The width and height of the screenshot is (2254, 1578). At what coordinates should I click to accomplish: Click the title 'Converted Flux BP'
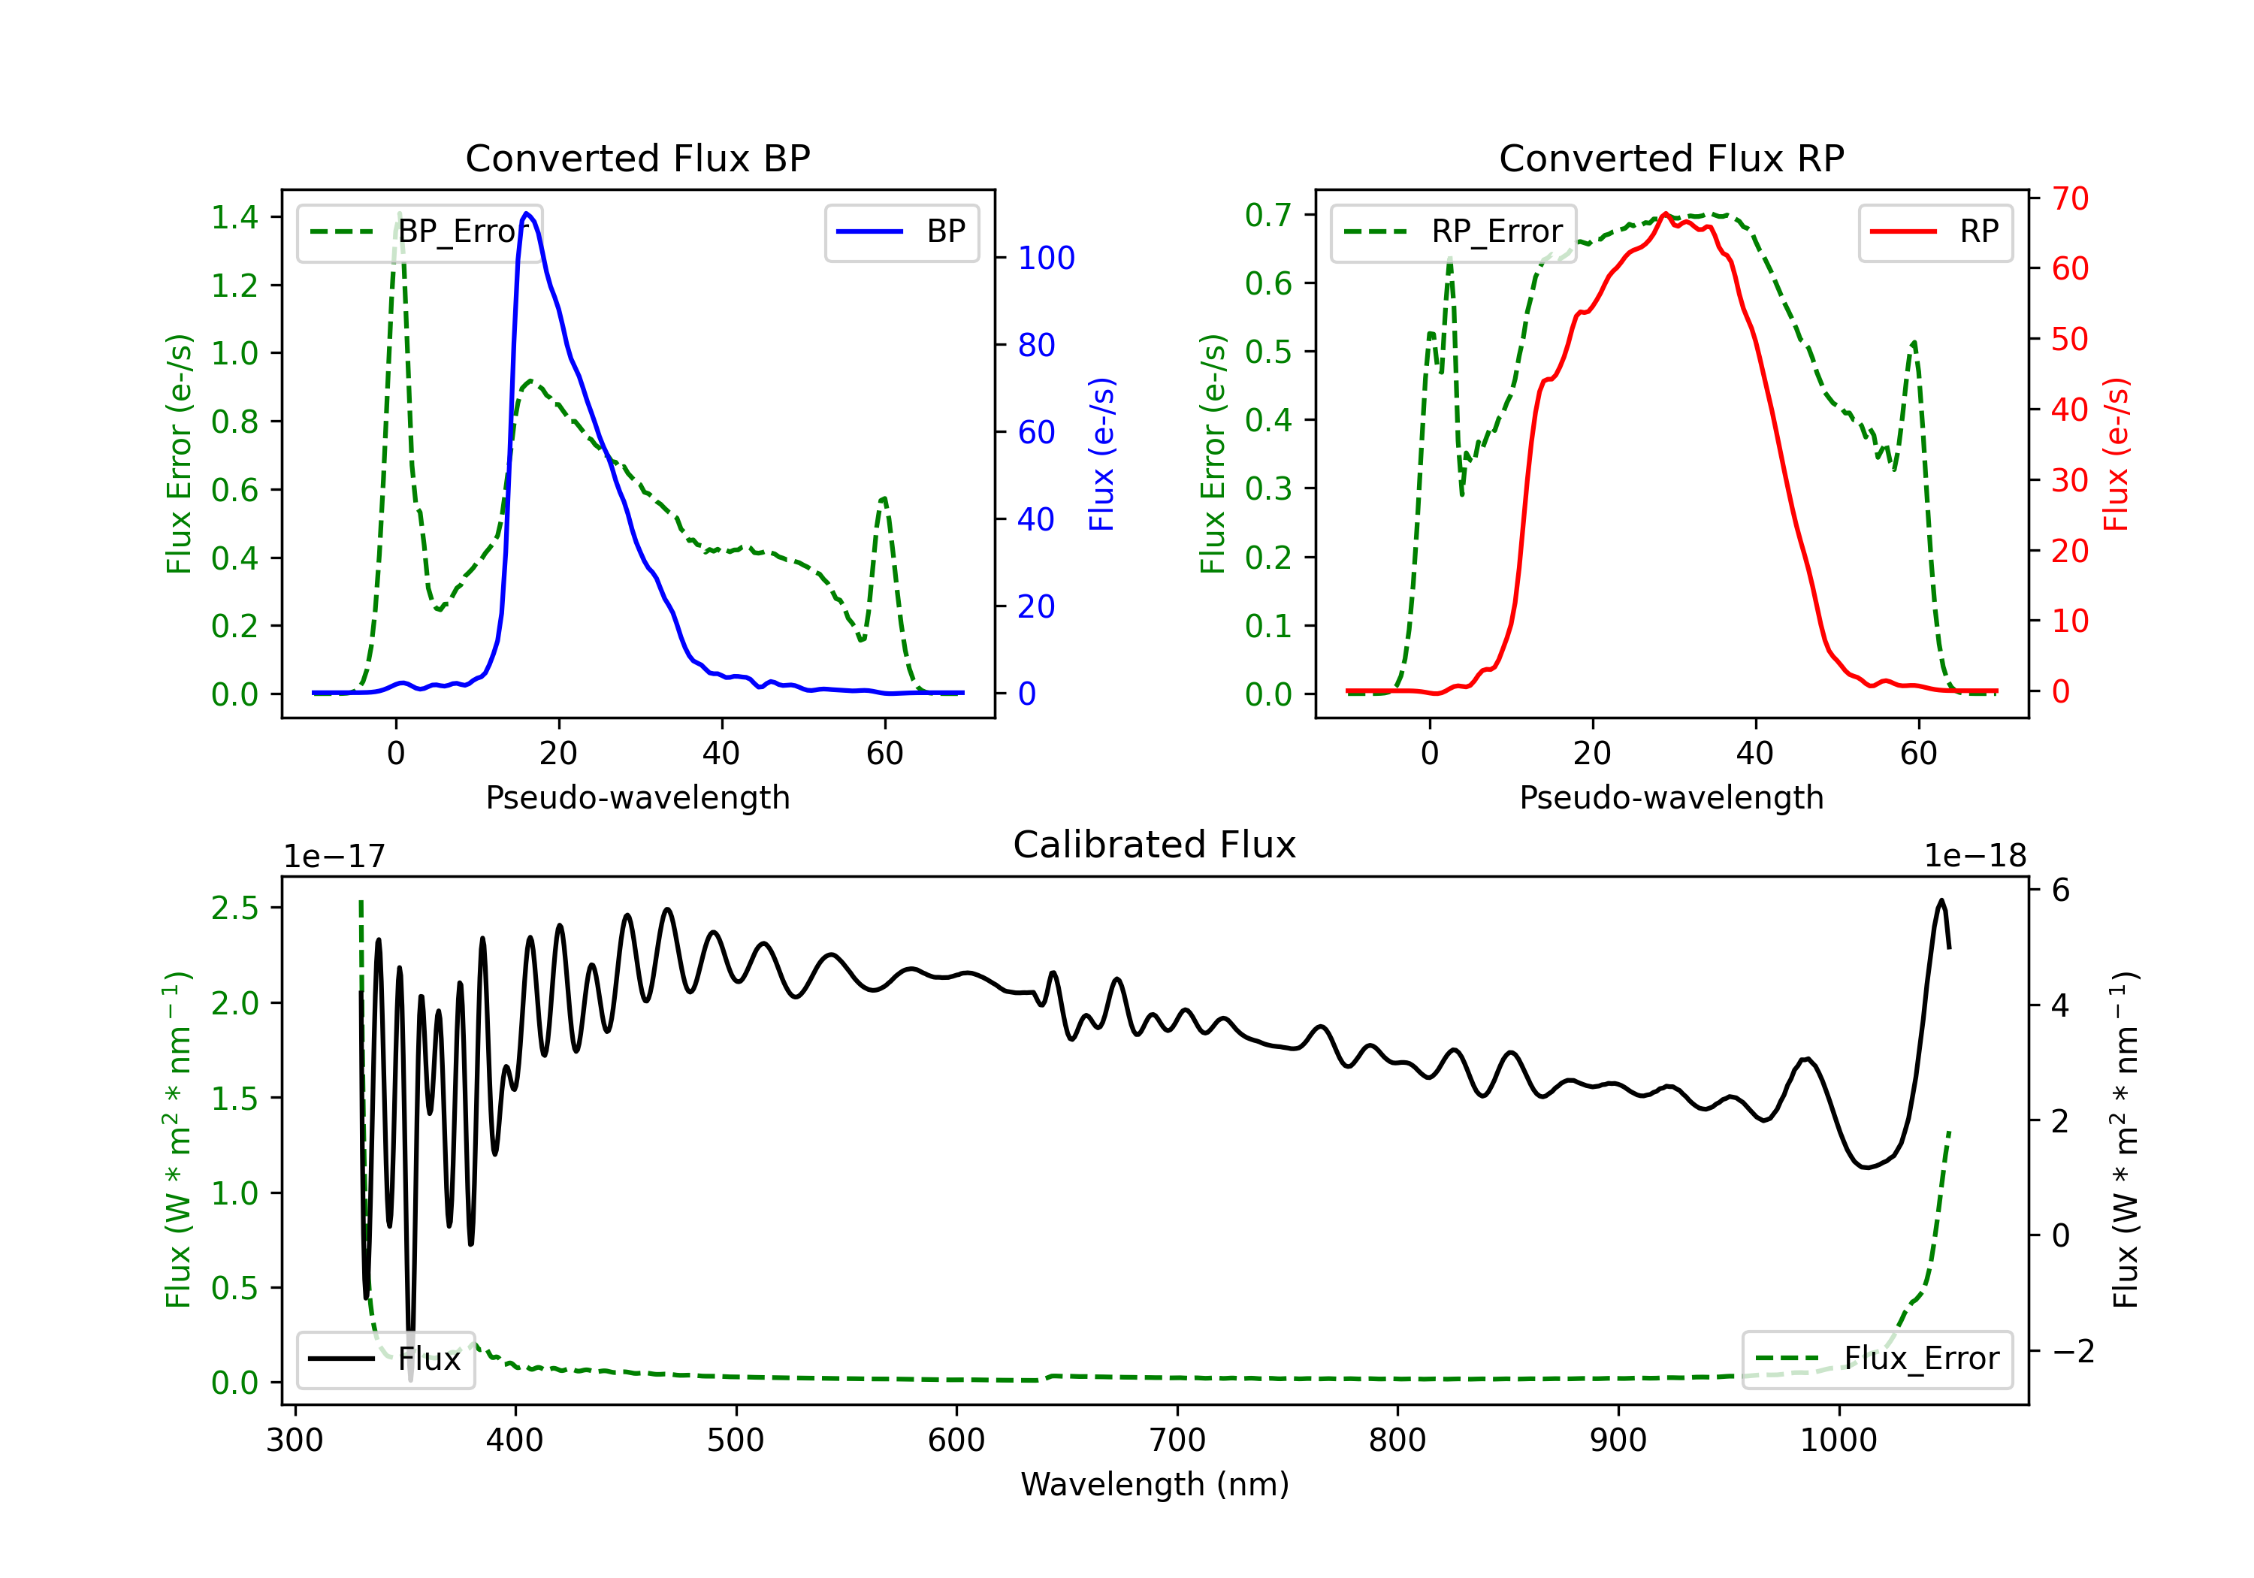[x=637, y=158]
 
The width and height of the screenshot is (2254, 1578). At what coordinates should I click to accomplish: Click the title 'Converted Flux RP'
[x=1671, y=158]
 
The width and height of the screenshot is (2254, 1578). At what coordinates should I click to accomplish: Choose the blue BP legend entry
[x=902, y=231]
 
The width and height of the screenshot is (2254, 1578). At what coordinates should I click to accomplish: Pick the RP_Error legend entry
[x=1454, y=231]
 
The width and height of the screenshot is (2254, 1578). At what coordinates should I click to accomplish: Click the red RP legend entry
[x=1936, y=231]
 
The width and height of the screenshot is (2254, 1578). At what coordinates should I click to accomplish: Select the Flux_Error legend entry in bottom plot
[x=1877, y=1359]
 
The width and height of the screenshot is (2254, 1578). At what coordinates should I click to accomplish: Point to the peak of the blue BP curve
[x=527, y=213]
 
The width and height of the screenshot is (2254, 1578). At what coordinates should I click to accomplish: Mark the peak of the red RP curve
[x=1665, y=214]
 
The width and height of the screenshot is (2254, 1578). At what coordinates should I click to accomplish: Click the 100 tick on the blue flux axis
[x=1046, y=258]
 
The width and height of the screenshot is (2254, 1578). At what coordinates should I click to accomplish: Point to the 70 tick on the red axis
[x=2069, y=198]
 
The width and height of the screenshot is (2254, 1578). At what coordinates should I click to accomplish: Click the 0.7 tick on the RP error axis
[x=1267, y=215]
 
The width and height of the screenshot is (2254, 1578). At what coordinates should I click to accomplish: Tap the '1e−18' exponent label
[x=1975, y=857]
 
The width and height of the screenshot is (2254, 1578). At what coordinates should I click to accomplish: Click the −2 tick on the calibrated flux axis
[x=2071, y=1351]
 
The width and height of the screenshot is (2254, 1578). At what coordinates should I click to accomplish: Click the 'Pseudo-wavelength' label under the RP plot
[x=1671, y=797]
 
